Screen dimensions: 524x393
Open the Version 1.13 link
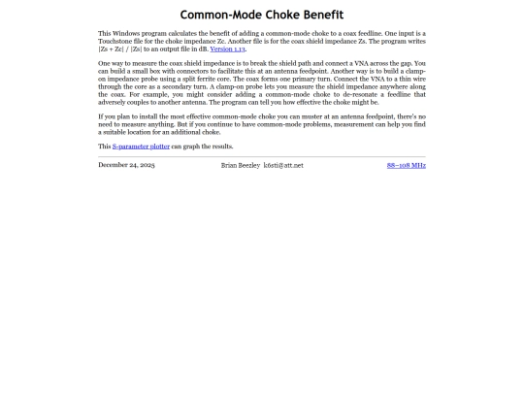(227, 49)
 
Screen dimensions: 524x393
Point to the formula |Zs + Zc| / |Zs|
(123, 49)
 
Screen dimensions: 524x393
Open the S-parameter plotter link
(141, 147)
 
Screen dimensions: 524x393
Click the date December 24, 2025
(126, 165)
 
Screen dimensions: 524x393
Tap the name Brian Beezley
(241, 165)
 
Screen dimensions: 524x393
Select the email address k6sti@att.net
(283, 165)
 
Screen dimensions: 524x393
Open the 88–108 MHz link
(406, 165)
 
